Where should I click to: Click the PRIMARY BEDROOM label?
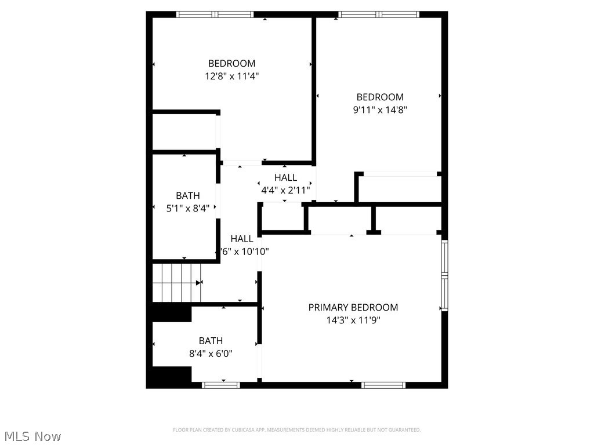(353, 308)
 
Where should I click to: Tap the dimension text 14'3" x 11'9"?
(353, 320)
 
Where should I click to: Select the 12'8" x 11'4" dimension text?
(231, 76)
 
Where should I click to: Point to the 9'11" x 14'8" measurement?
(380, 110)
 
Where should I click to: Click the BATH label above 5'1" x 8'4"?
(188, 196)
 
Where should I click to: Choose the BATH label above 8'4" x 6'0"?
(211, 341)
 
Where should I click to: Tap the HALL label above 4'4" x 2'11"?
(285, 178)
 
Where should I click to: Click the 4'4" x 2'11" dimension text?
(285, 189)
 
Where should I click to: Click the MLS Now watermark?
(32, 436)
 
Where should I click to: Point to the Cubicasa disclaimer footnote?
(296, 430)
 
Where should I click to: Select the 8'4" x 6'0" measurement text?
(211, 353)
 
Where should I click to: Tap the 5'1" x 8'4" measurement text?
(188, 207)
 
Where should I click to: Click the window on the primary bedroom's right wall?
(444, 275)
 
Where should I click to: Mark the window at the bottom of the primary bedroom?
(383, 384)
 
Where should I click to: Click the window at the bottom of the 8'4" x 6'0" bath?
(221, 384)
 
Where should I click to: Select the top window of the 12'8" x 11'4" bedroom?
(215, 14)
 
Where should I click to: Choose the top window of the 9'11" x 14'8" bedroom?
(379, 14)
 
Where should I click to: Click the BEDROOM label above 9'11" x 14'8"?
(380, 97)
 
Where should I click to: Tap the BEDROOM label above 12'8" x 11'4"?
(231, 64)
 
